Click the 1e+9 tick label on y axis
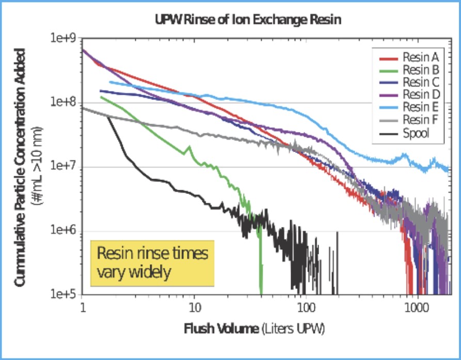pyautogui.click(x=65, y=39)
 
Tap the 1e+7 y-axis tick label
pyautogui.click(x=65, y=167)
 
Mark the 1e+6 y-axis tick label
pyautogui.click(x=65, y=232)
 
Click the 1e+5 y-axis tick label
pyautogui.click(x=65, y=296)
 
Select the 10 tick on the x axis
pyautogui.click(x=195, y=308)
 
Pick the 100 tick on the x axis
pyautogui.click(x=306, y=308)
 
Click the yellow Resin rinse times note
pyautogui.click(x=152, y=263)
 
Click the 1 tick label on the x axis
pyautogui.click(x=83, y=308)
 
